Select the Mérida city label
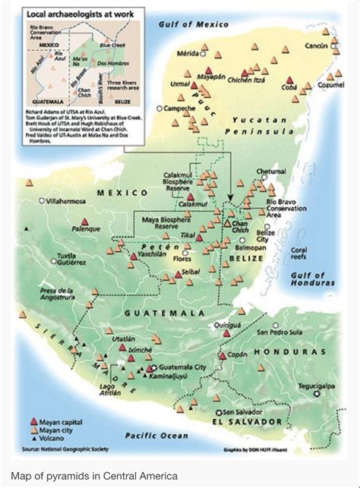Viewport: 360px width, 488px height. [x=188, y=53]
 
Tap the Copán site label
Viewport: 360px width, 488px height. [x=240, y=354]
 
